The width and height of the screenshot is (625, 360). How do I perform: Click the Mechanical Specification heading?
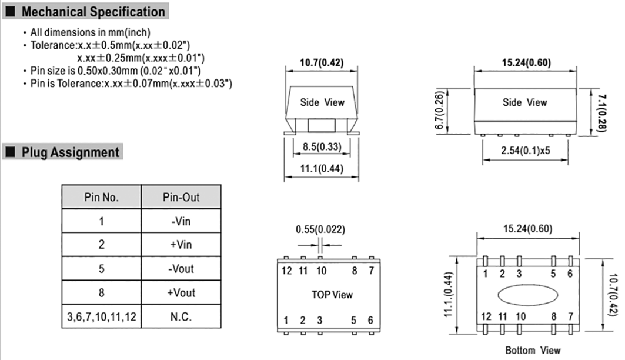[x=93, y=11]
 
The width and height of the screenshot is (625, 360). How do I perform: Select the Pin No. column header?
[x=101, y=198]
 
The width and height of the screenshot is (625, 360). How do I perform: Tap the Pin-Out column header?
[x=181, y=198]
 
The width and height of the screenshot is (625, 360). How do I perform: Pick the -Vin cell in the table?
[x=181, y=222]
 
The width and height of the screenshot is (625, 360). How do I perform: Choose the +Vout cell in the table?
[x=181, y=293]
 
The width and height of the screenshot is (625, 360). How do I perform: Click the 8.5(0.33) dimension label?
[x=321, y=146]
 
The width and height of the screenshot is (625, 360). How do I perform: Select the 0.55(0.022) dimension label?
[x=320, y=229]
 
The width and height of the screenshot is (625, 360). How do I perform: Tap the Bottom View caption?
[x=533, y=350]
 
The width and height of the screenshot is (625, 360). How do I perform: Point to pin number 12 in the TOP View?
[x=286, y=271]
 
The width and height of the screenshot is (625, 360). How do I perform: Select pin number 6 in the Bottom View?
[x=569, y=274]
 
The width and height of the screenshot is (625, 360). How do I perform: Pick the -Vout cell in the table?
[x=181, y=269]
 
